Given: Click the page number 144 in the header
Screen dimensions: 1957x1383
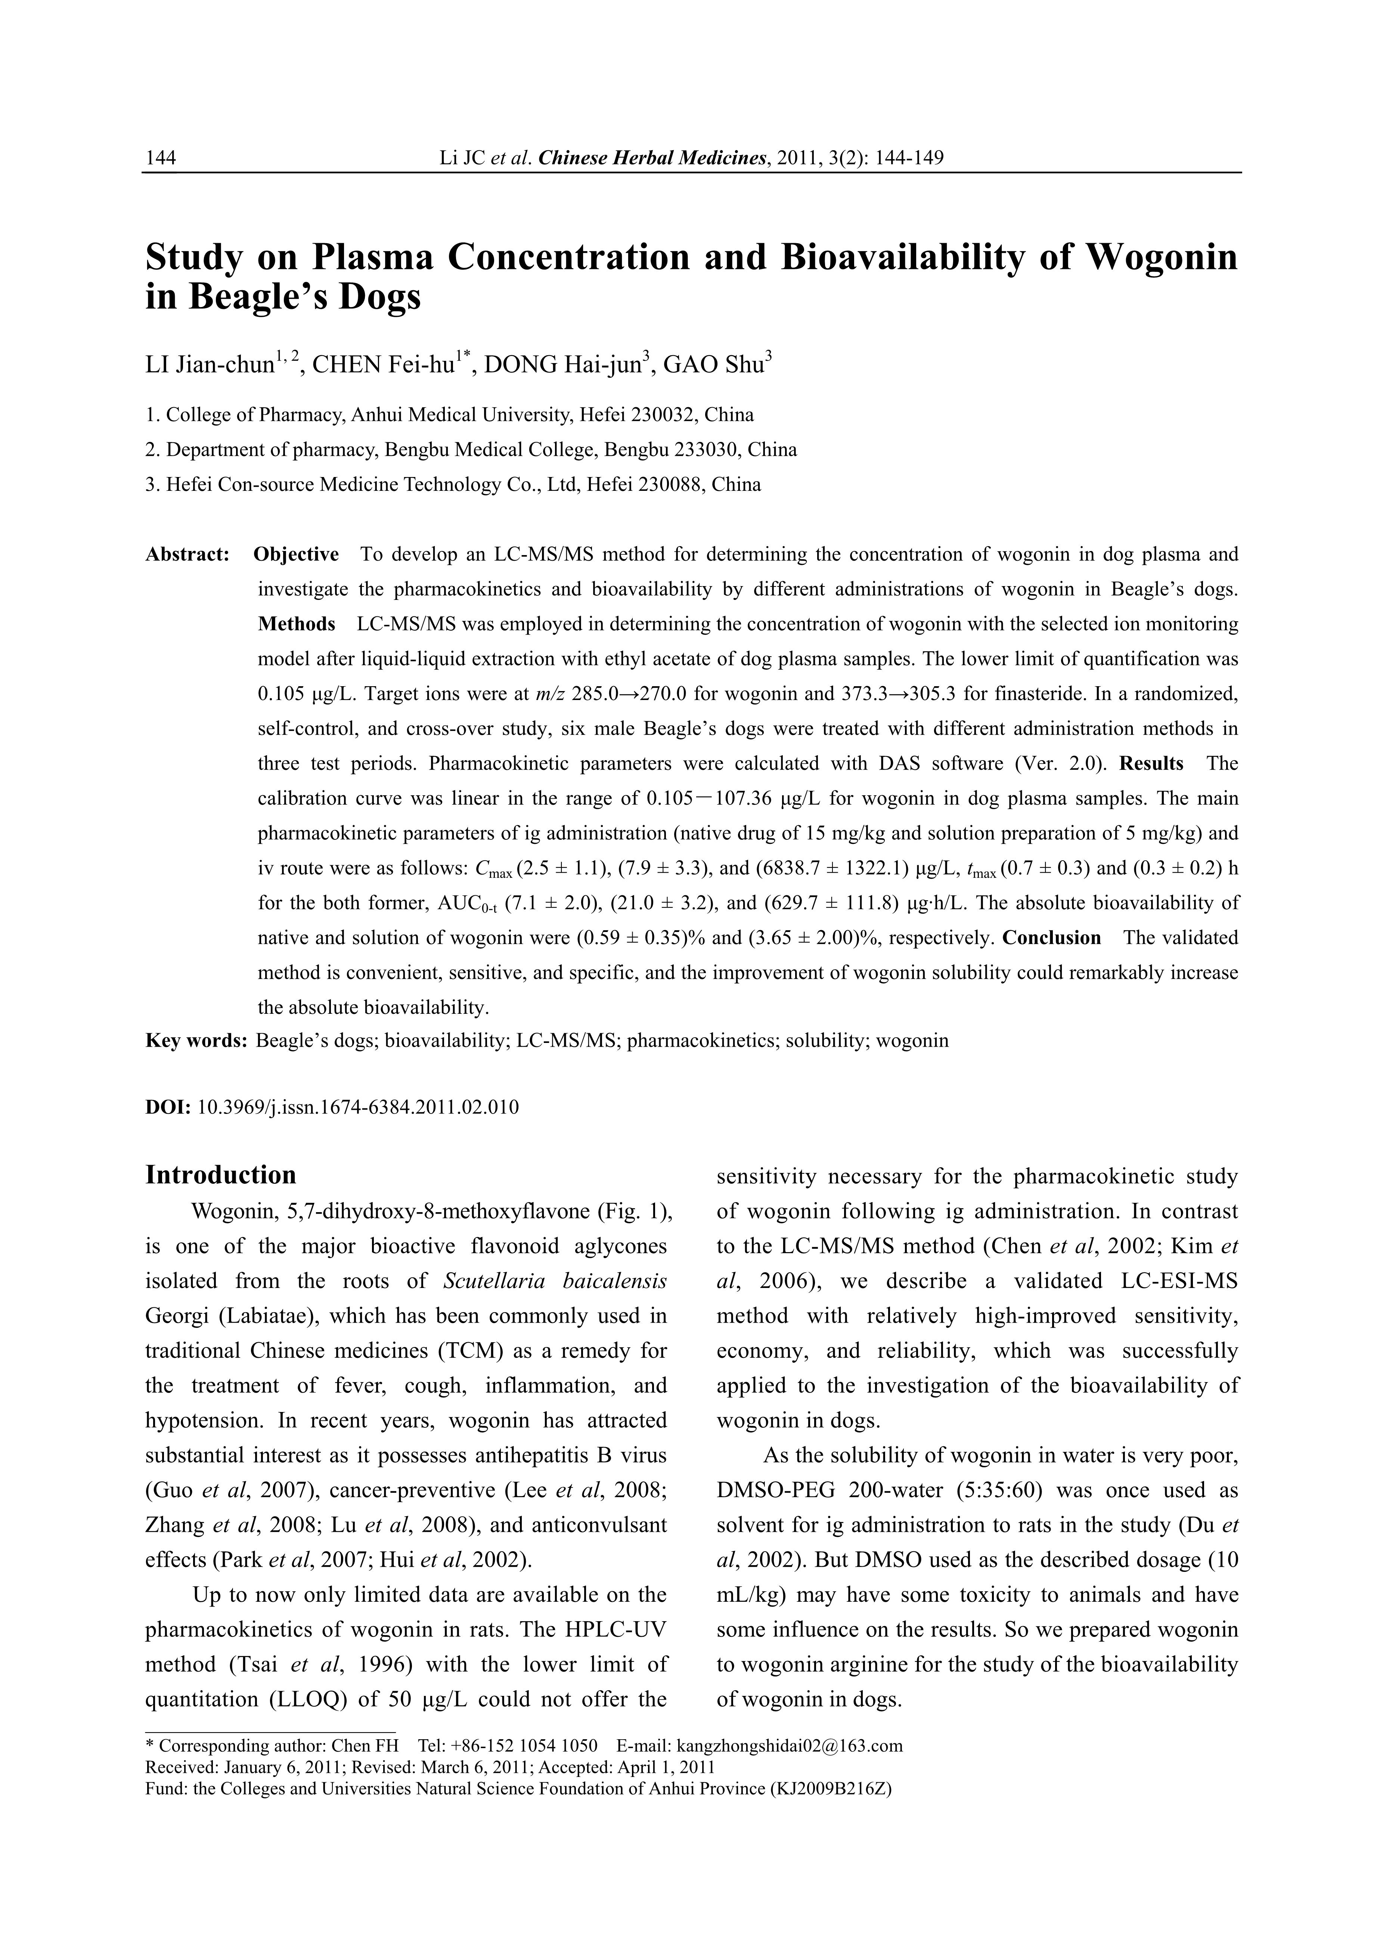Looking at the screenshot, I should pos(161,158).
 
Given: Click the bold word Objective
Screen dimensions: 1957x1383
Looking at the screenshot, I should pos(296,554).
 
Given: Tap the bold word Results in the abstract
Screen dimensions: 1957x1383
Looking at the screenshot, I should pos(1151,763).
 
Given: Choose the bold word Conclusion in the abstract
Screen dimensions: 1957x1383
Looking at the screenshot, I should pos(1051,938).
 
